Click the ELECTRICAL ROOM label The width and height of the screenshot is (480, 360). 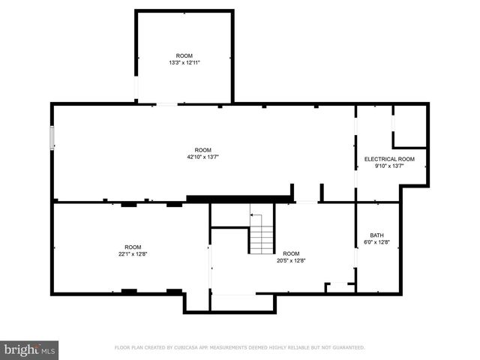click(389, 159)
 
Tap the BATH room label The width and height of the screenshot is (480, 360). click(376, 235)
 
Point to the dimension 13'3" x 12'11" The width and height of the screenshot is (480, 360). click(184, 63)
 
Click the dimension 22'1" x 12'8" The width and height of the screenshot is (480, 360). click(133, 253)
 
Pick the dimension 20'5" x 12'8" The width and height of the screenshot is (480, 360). click(291, 260)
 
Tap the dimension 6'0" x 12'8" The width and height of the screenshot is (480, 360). click(376, 241)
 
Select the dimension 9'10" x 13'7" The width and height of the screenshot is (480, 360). click(389, 166)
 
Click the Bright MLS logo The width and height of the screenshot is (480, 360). click(29, 349)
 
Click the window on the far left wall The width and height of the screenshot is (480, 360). click(52, 138)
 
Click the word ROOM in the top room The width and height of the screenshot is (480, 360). click(184, 56)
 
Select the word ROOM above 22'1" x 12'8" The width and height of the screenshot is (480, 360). click(133, 247)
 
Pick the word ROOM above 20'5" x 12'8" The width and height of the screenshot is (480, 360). click(291, 253)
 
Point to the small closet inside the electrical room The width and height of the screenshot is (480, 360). click(409, 127)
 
